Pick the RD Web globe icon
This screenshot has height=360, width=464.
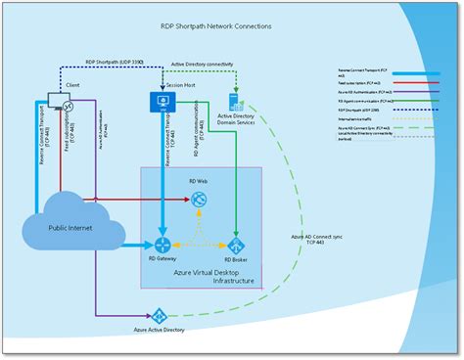(x=199, y=201)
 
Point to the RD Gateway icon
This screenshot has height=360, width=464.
(x=162, y=245)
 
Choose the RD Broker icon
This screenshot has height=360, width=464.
(x=235, y=246)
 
